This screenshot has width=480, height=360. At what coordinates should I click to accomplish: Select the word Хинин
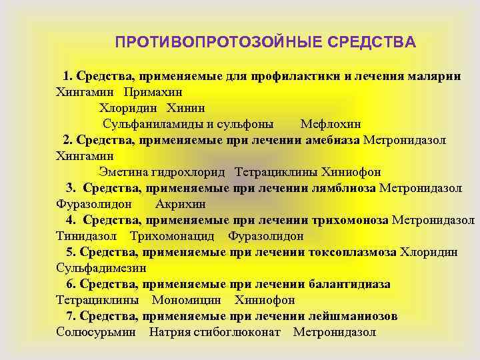pos(186,108)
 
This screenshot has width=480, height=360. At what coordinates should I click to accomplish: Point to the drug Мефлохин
pos(331,124)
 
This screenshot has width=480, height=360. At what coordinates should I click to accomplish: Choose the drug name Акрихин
pos(179,204)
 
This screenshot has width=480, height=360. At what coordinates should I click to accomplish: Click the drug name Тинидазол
pos(87,236)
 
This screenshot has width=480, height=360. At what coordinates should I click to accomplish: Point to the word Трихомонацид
pos(172,236)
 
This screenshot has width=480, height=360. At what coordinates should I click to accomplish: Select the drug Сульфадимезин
pos(101,268)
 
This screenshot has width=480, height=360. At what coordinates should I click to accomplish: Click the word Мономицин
pos(186,300)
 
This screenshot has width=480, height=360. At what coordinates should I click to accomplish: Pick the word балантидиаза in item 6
pos(349,284)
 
